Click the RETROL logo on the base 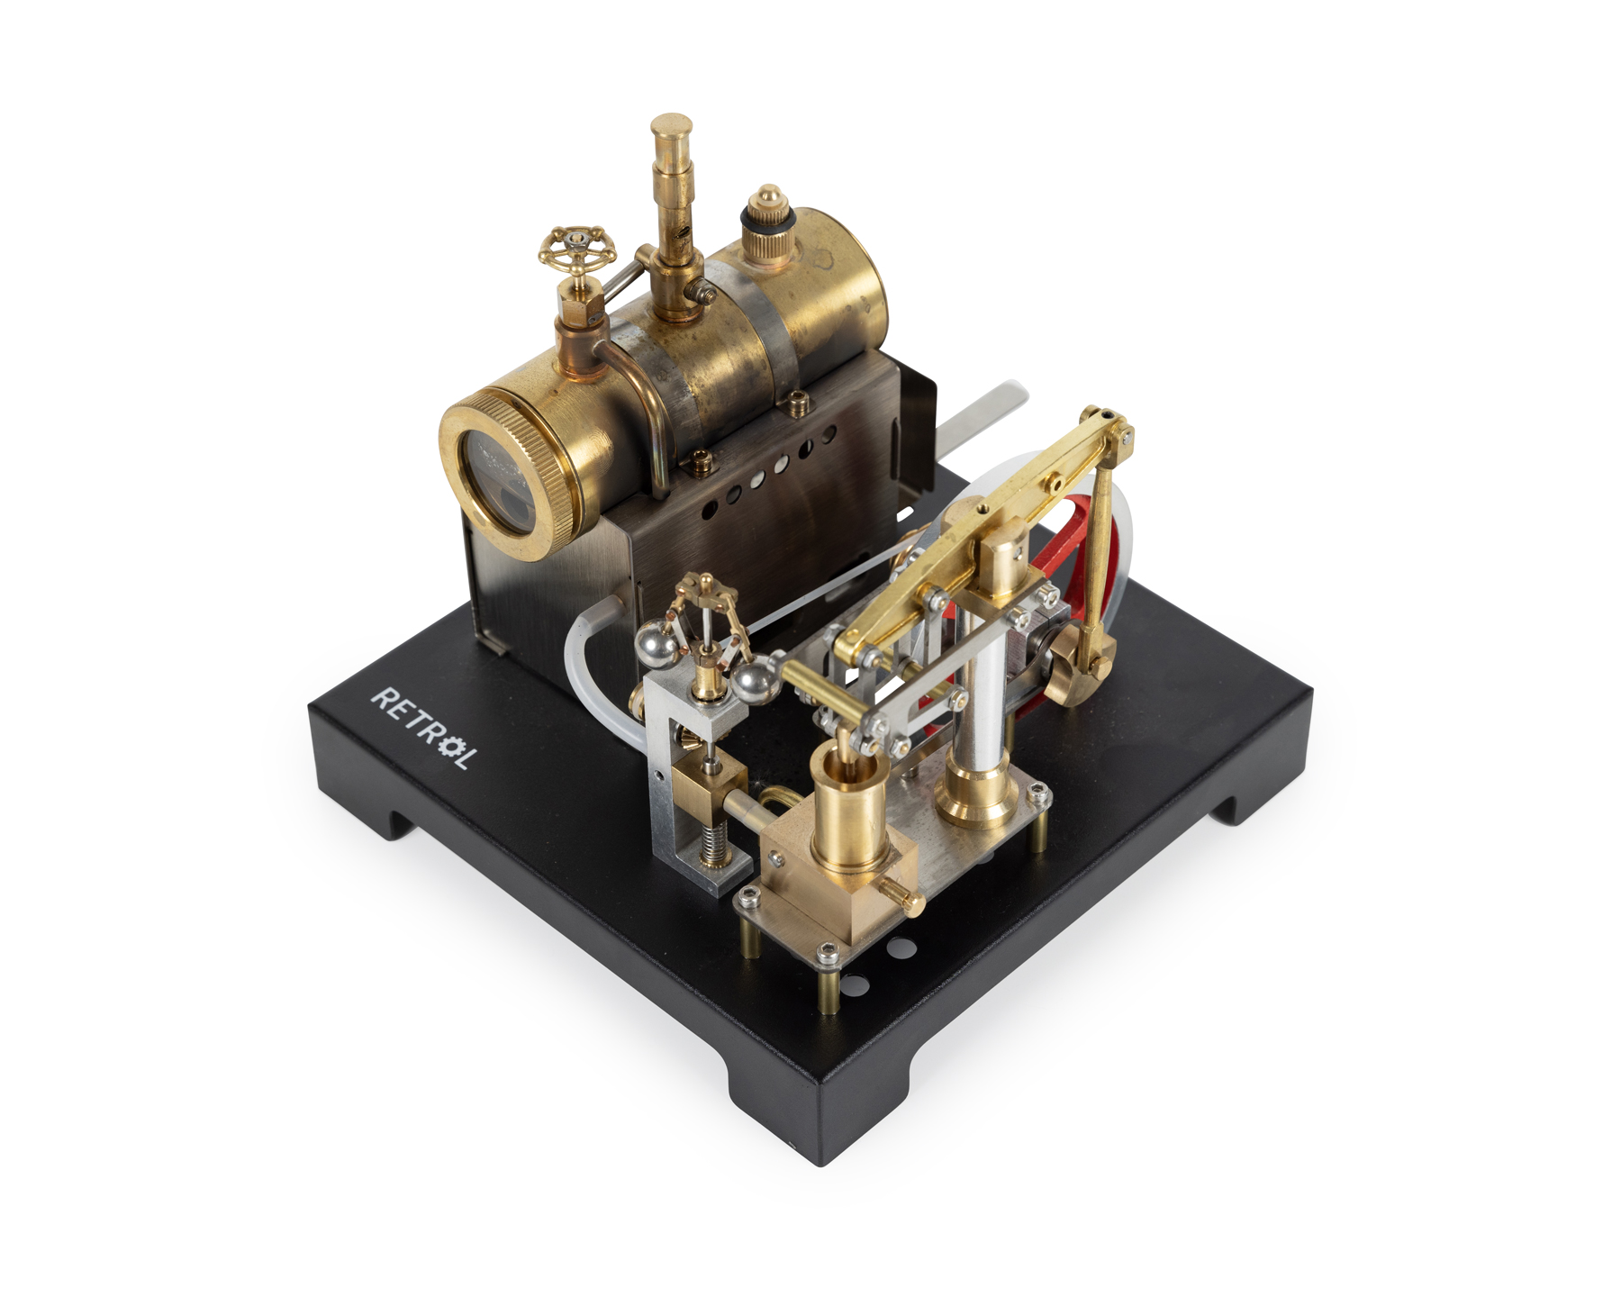point(421,727)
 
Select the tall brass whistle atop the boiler point(670,216)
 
